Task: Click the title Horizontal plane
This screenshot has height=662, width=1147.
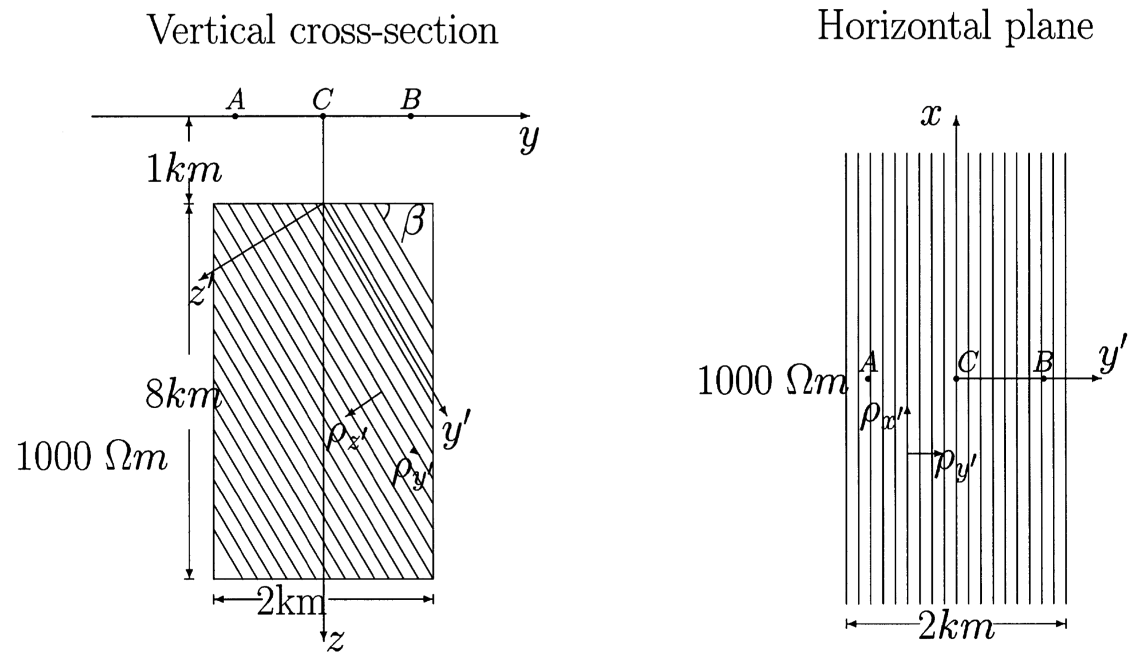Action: (x=955, y=26)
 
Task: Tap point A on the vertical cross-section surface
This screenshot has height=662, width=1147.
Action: (x=235, y=116)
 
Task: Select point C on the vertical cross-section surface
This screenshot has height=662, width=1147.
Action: (x=323, y=116)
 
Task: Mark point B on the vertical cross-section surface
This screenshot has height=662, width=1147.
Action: (x=410, y=116)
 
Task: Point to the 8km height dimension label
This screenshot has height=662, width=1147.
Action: (x=183, y=395)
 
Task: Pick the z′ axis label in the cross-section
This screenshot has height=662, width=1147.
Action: (x=199, y=292)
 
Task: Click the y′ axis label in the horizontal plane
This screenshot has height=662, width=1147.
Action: (x=1113, y=358)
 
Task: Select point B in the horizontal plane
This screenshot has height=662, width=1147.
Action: (x=1044, y=378)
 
